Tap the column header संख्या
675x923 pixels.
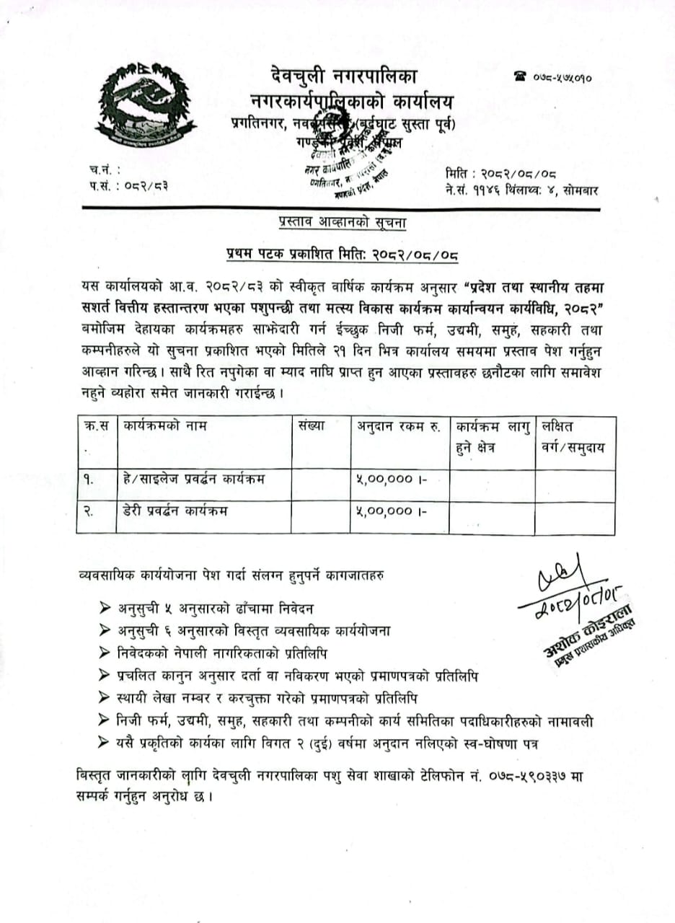[x=311, y=426]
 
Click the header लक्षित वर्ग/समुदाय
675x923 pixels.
[x=573, y=436]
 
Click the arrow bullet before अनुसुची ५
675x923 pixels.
[x=107, y=608]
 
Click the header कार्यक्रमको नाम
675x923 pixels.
[x=165, y=426]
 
